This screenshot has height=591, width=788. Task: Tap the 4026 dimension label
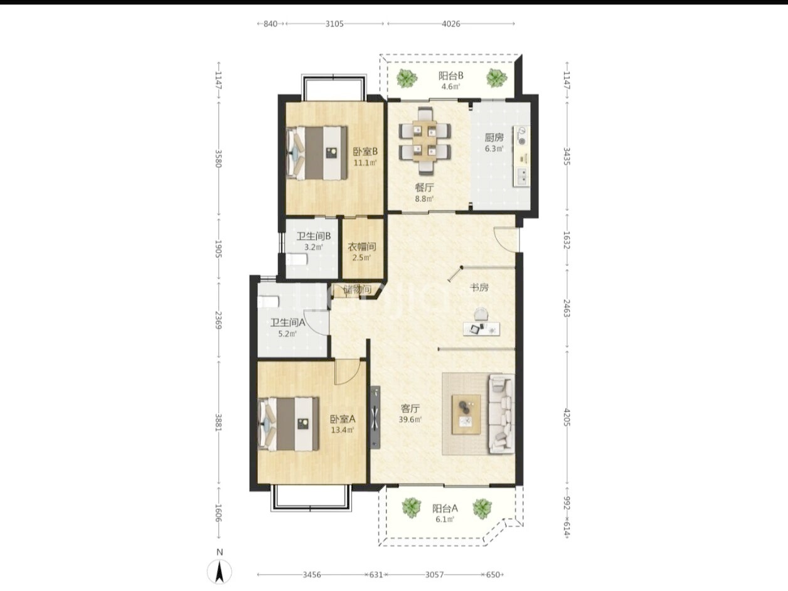pos(451,24)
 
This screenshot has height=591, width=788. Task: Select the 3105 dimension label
pos(334,24)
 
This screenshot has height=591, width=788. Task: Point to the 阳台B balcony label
pos(451,76)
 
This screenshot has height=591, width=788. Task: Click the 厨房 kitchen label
pos(494,137)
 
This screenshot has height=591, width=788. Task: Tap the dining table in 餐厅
pos(425,141)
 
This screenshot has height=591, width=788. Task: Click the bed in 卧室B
pos(317,152)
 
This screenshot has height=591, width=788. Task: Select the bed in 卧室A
pos(288,423)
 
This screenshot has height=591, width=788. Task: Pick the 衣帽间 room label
pos(362,247)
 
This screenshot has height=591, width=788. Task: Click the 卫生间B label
pos(314,236)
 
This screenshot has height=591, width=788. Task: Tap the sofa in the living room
pos(501,413)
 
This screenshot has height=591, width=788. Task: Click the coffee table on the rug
pos(466,415)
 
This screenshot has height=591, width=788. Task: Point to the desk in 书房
pos(481,329)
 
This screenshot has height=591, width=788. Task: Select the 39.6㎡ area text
pos(410,420)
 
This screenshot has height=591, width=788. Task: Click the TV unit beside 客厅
pos(376,417)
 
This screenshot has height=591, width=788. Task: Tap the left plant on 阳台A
pos(412,508)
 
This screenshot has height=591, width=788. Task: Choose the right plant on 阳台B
pos(496,78)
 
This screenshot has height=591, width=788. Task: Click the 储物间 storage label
pos(357,289)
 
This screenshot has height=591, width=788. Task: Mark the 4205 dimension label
pos(567,417)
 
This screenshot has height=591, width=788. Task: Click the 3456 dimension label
pos(312,575)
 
